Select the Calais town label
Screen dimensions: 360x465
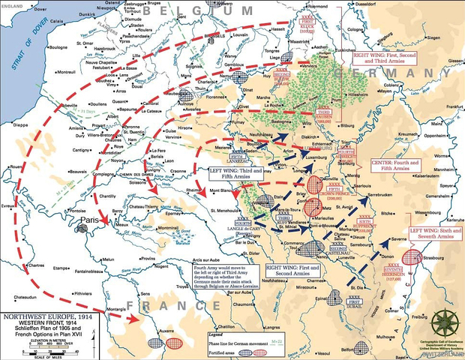click(x=67, y=23)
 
